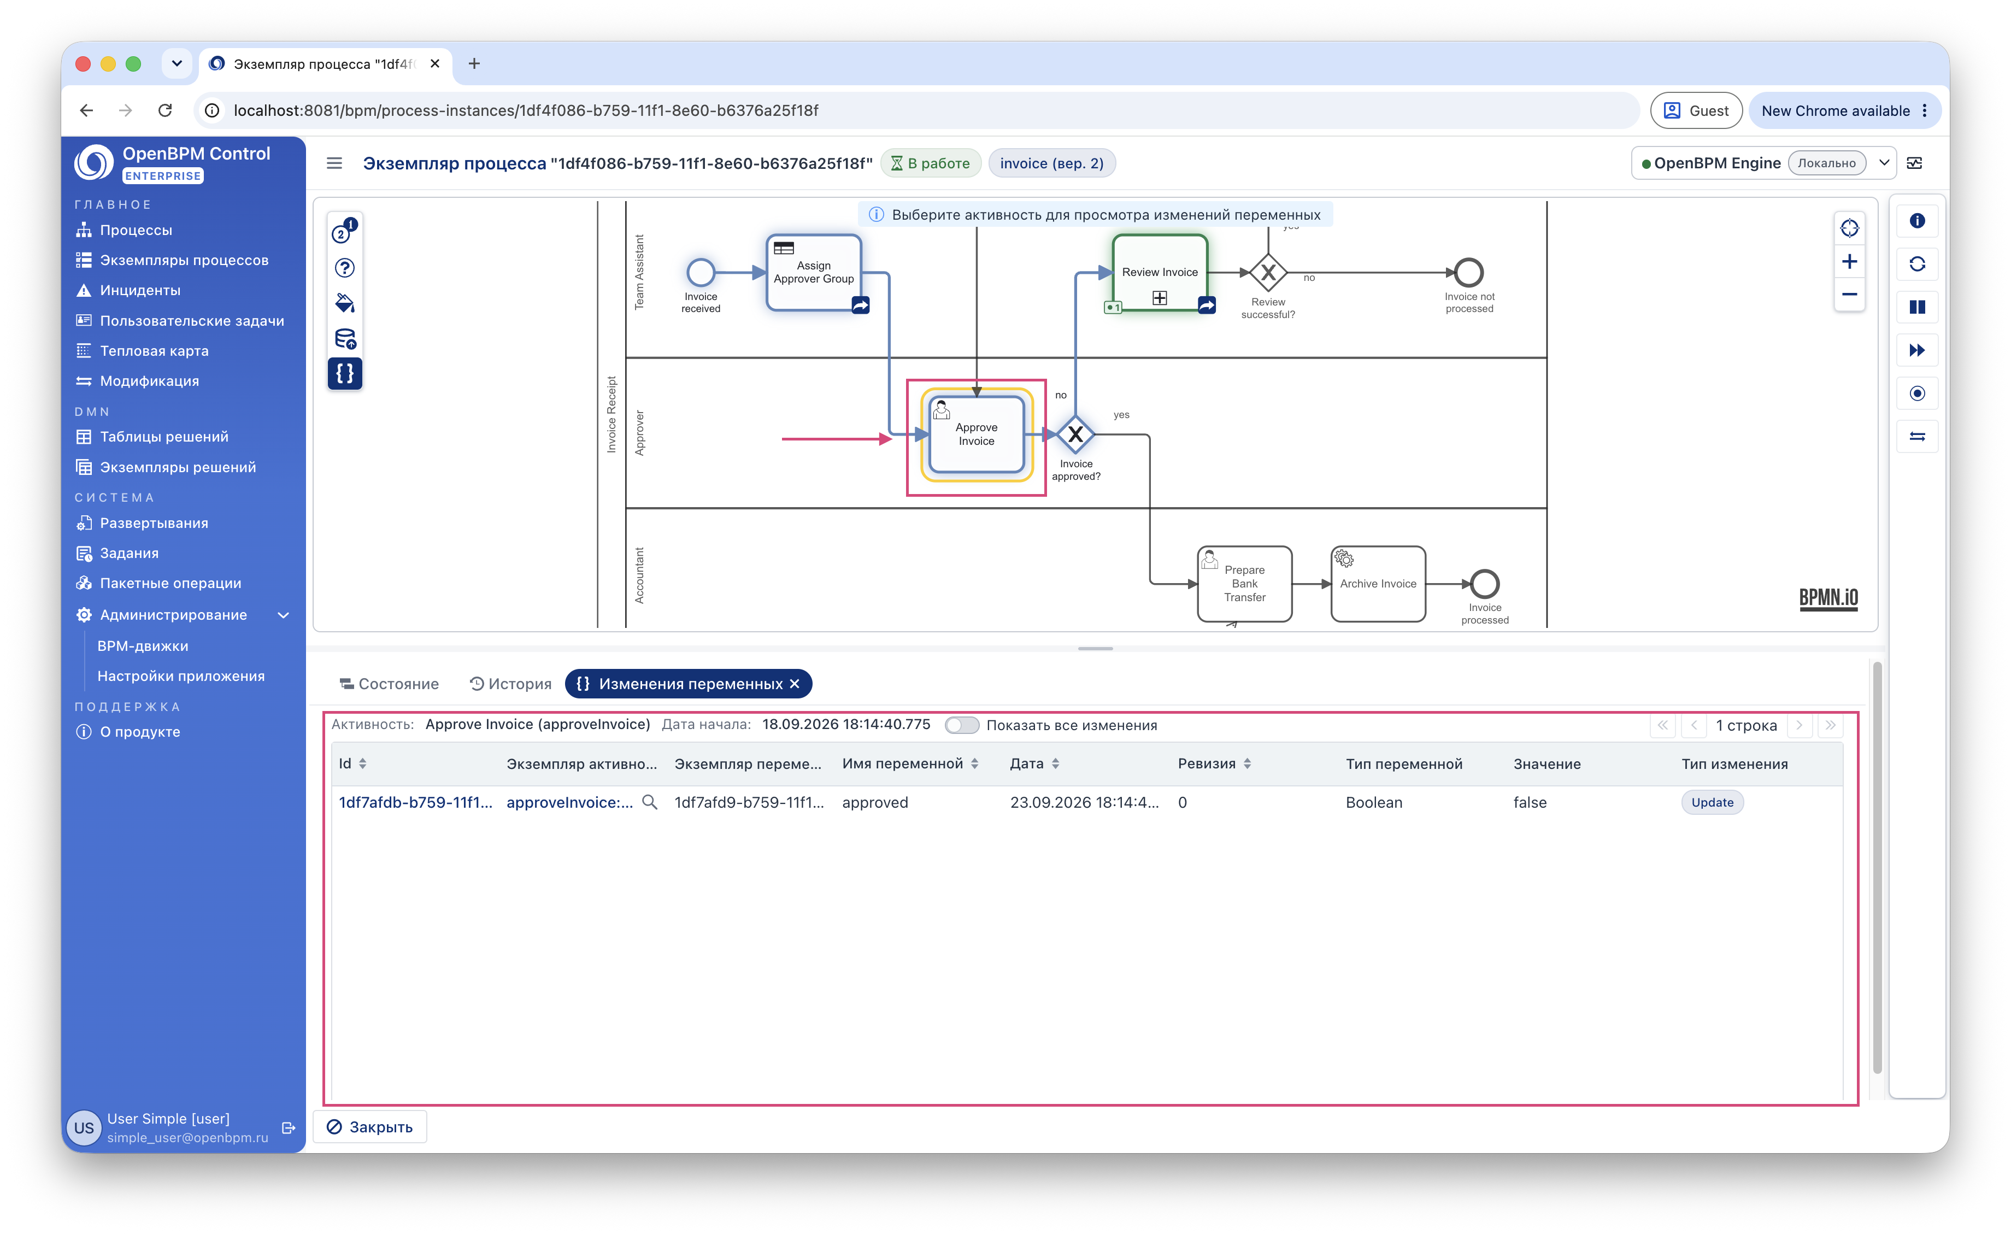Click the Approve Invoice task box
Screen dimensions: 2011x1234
(x=976, y=434)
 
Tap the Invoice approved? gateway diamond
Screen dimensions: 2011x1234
(x=1075, y=435)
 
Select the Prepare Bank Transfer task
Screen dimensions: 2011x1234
(x=1245, y=584)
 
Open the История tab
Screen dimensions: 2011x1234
(x=511, y=684)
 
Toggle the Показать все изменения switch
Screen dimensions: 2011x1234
(x=961, y=725)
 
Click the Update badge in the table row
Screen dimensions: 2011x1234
(x=1712, y=802)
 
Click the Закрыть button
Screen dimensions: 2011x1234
(x=370, y=1127)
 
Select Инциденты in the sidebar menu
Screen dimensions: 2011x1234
(x=139, y=291)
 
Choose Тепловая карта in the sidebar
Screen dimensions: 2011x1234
(x=154, y=351)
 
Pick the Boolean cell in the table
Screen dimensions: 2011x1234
(x=1374, y=802)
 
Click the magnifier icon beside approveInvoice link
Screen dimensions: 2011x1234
(x=650, y=802)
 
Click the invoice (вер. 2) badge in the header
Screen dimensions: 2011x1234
(x=1051, y=163)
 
